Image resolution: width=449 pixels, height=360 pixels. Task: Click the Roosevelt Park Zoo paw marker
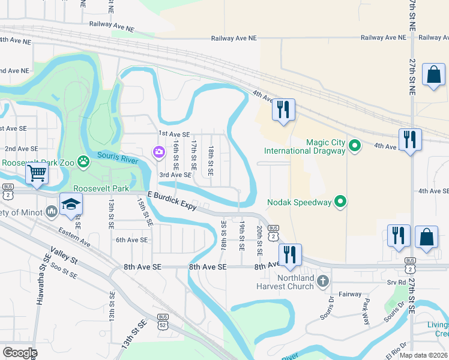(83, 162)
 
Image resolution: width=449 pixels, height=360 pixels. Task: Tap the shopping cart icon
(37, 174)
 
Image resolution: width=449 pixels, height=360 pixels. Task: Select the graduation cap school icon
(71, 205)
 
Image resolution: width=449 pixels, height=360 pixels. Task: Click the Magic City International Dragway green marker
(355, 145)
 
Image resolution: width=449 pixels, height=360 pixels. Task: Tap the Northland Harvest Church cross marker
(322, 280)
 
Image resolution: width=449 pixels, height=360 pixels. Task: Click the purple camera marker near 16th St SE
(158, 152)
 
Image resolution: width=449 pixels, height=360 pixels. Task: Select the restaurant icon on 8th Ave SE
(290, 254)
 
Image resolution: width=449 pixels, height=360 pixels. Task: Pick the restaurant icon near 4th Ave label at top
(283, 109)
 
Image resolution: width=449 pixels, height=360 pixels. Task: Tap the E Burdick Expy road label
(173, 201)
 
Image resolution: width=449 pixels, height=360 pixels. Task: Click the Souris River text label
(118, 157)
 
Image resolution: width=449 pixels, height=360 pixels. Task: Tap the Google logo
(19, 352)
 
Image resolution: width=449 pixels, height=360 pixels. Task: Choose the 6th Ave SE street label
(131, 240)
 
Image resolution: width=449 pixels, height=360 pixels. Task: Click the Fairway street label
(349, 294)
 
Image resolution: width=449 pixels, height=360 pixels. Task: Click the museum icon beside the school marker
(50, 211)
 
